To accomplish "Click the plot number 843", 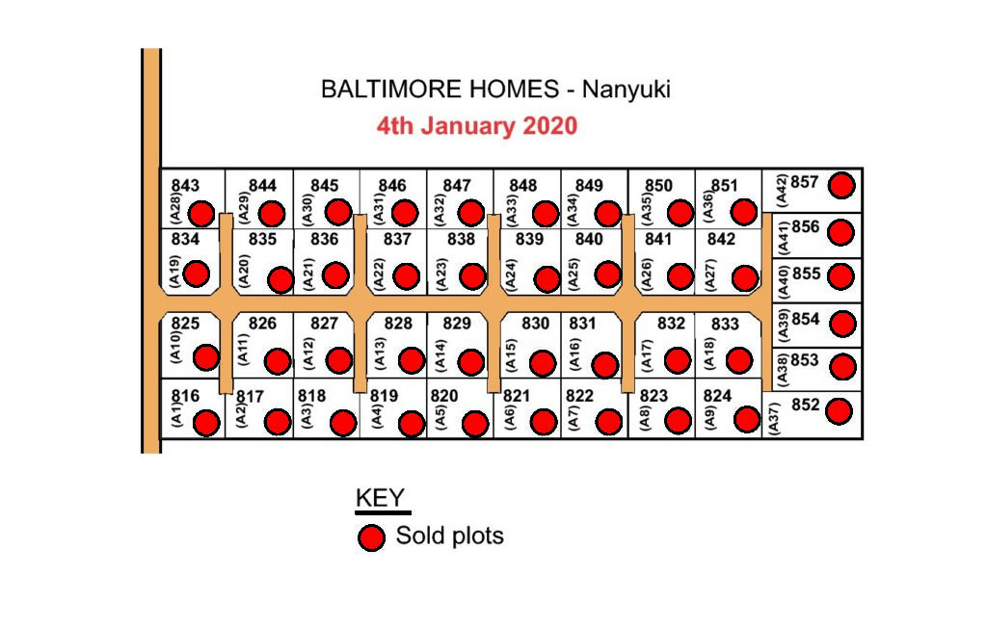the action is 185,186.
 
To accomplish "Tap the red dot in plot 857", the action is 841,186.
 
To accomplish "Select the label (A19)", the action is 175,272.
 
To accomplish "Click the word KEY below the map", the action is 380,498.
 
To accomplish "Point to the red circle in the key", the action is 371,538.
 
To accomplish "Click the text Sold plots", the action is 450,536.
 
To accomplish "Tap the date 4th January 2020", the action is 477,126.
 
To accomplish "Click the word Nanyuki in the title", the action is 627,90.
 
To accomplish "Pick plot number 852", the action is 806,405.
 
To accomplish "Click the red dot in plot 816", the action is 206,424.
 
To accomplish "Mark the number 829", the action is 457,324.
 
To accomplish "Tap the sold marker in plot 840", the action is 608,275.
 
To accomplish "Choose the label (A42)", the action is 782,190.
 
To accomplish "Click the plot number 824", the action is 717,396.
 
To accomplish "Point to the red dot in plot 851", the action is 744,212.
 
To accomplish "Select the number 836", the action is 325,239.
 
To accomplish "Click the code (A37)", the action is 775,418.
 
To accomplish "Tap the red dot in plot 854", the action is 842,324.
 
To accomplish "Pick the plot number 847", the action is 457,186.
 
